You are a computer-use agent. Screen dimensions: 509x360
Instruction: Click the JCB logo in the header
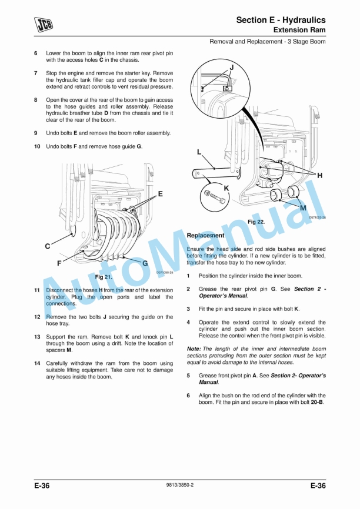(42, 24)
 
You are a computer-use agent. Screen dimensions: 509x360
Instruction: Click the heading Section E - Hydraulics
(281, 20)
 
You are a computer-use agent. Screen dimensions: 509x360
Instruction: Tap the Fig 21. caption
(103, 276)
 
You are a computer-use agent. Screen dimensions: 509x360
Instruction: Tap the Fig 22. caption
(256, 222)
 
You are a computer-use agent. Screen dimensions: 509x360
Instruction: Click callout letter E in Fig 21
(160, 193)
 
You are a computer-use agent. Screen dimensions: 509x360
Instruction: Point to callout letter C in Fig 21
(47, 246)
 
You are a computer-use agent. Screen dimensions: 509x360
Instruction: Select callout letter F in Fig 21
(59, 263)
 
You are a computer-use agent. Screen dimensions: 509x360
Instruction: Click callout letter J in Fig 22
(231, 67)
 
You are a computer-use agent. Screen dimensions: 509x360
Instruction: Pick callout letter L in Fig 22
(199, 152)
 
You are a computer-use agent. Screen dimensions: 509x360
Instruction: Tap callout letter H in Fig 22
(319, 175)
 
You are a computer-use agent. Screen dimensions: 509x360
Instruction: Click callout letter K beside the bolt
(226, 187)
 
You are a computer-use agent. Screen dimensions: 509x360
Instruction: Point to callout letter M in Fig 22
(303, 207)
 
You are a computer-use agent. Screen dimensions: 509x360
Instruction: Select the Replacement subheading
(205, 235)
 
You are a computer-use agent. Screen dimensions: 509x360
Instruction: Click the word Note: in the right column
(194, 349)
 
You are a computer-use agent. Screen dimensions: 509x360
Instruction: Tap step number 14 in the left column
(36, 363)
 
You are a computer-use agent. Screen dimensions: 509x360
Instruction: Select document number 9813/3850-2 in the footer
(180, 485)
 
